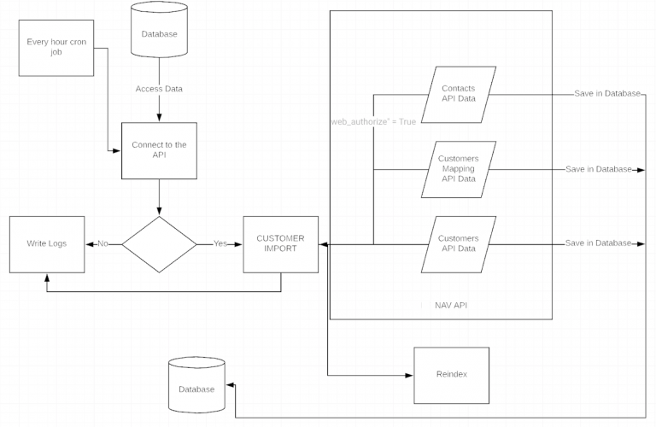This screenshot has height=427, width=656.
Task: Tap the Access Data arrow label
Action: coord(159,89)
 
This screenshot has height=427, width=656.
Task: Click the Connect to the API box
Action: coord(159,150)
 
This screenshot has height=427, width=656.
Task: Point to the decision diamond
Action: coord(159,244)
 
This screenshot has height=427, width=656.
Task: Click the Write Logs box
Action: coord(47,244)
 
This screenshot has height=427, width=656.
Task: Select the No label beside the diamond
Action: coord(103,244)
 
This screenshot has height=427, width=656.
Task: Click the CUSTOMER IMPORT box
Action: coord(280,244)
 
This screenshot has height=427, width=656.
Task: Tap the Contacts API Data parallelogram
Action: coord(458,94)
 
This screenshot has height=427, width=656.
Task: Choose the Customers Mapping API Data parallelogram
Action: coord(458,169)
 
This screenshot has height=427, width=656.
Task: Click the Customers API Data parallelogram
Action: coord(458,244)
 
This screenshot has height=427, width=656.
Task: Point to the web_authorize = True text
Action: coord(373,122)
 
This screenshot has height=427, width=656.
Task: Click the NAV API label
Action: coord(451,304)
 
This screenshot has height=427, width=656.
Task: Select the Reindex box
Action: coord(451,376)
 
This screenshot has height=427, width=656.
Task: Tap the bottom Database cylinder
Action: coord(196,389)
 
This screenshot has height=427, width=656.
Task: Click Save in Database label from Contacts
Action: coord(606,94)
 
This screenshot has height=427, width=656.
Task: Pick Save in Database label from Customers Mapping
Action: coord(597,169)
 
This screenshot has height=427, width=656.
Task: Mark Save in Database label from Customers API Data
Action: coord(597,244)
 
